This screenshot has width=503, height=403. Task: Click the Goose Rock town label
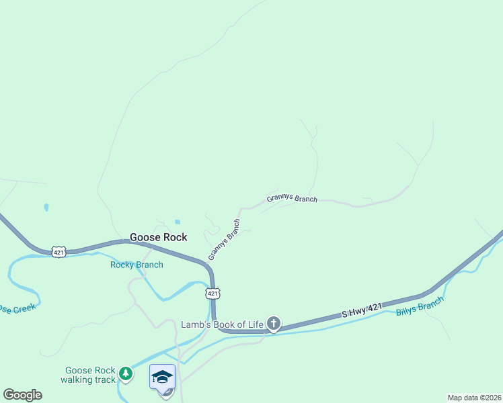[x=158, y=237]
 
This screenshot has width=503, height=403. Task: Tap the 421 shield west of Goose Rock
[x=59, y=253]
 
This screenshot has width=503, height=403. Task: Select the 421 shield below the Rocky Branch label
[x=212, y=294]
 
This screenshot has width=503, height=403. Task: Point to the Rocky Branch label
[x=137, y=265]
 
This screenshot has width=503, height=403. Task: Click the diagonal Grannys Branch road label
[x=224, y=240]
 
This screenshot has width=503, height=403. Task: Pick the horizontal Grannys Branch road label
[x=291, y=198]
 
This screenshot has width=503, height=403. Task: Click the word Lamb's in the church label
[x=196, y=324]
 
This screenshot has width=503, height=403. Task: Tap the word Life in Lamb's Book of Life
[x=255, y=324]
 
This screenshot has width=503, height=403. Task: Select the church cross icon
[x=273, y=324]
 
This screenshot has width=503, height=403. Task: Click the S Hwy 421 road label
[x=361, y=310]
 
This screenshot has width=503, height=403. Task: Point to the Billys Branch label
[x=420, y=308]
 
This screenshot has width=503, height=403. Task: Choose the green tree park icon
[x=125, y=373]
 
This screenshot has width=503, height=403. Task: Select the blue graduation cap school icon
[x=162, y=376]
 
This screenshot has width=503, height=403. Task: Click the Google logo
[x=22, y=395]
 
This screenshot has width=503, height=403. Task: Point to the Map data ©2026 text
[x=473, y=398]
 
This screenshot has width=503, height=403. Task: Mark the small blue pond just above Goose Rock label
[x=177, y=222]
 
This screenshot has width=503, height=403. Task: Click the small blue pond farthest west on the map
[x=46, y=208]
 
